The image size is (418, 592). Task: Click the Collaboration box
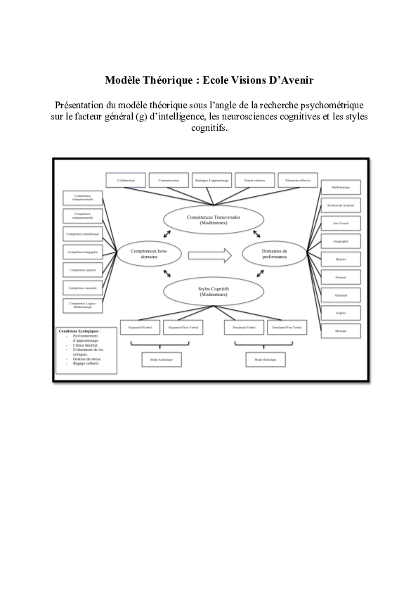(126, 180)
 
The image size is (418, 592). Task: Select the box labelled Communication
(169, 180)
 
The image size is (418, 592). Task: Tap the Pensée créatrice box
(254, 180)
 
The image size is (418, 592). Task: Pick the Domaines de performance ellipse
(274, 255)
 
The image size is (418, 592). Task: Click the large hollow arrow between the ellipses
(210, 255)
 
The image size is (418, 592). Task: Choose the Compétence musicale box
(81, 288)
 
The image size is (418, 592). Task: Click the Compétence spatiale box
(81, 269)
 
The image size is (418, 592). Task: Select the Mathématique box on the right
(340, 188)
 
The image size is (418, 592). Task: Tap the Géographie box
(340, 241)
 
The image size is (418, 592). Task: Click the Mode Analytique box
(157, 359)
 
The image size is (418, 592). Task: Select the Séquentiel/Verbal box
(140, 327)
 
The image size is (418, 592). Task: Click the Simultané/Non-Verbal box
(287, 327)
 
